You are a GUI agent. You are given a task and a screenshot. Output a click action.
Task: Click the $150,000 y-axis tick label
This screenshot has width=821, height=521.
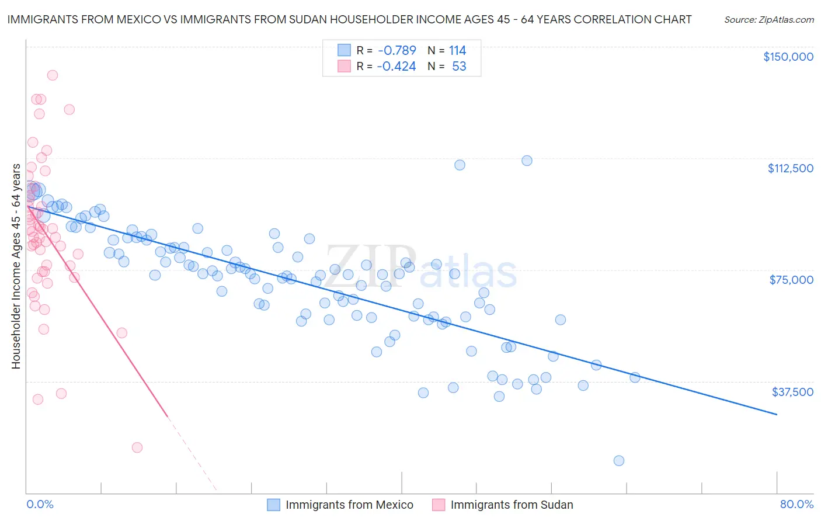788,57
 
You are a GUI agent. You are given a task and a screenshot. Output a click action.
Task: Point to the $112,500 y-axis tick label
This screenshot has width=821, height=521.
790,168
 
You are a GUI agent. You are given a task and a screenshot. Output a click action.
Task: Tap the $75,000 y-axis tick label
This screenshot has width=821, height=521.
791,280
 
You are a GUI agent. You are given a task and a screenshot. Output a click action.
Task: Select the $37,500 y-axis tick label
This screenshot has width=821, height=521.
792,392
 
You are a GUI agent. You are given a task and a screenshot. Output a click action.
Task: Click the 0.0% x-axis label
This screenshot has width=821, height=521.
40,504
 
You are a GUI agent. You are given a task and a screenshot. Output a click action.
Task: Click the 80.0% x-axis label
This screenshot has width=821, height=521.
796,504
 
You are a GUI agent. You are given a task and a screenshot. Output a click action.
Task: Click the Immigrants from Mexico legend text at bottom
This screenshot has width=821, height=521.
349,505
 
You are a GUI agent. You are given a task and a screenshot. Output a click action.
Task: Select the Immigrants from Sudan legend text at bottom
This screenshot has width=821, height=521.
512,505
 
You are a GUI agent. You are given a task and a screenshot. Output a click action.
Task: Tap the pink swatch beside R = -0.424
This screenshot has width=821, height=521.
344,66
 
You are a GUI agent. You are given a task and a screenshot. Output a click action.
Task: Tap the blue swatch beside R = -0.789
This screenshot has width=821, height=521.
344,50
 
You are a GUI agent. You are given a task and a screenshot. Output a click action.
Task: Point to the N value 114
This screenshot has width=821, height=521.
457,50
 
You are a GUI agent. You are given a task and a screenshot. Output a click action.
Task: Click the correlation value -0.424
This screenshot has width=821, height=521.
396,66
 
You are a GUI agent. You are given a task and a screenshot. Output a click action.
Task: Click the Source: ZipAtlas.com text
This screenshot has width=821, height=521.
768,19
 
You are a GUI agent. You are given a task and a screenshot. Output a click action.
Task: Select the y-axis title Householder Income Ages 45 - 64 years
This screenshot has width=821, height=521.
16,266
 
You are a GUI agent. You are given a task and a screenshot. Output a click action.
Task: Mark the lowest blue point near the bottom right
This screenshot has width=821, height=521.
619,460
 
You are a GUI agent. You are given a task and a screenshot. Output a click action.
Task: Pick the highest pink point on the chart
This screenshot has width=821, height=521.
52,75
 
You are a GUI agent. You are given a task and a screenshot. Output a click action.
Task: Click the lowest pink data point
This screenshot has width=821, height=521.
137,447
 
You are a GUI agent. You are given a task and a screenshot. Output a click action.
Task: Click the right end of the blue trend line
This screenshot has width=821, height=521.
777,414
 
